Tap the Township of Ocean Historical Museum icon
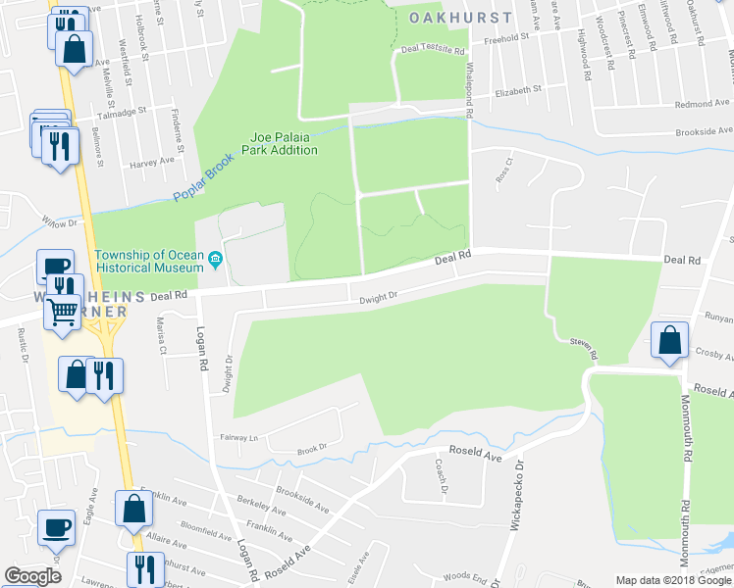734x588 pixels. click(216, 261)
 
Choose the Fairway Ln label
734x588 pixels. click(237, 438)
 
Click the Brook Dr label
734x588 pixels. click(312, 449)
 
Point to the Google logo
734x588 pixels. click(32, 576)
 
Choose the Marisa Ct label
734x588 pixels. click(162, 335)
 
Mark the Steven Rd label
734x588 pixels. click(582, 347)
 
